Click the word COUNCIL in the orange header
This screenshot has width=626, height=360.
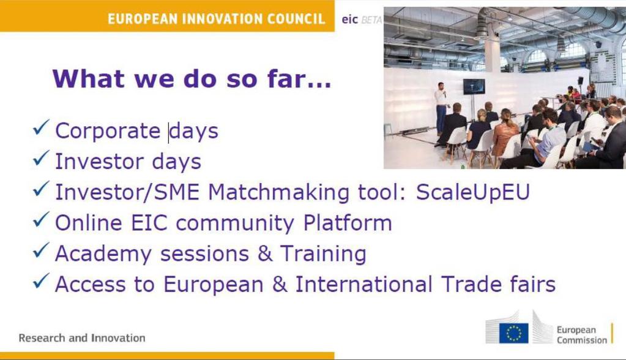pyautogui.click(x=296, y=19)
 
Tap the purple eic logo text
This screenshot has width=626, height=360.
pyautogui.click(x=350, y=20)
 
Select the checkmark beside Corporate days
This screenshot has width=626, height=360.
pyautogui.click(x=41, y=127)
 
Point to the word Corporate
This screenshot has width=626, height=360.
pyautogui.click(x=108, y=131)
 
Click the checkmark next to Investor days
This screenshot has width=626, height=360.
pyautogui.click(x=41, y=158)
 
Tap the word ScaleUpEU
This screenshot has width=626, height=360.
pyautogui.click(x=473, y=192)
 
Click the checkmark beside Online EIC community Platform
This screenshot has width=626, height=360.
pyautogui.click(x=41, y=220)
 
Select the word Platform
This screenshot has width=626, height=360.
pyautogui.click(x=348, y=223)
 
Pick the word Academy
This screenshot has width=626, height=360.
pyautogui.click(x=103, y=254)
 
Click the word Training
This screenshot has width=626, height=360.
pyautogui.click(x=323, y=254)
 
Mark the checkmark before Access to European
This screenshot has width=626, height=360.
pyautogui.click(x=41, y=281)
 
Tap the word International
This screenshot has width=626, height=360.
pyautogui.click(x=363, y=284)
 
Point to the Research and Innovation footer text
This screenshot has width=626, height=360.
pyautogui.click(x=82, y=338)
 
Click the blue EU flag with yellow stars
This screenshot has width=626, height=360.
pyautogui.click(x=513, y=333)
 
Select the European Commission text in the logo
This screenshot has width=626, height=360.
pyautogui.click(x=582, y=335)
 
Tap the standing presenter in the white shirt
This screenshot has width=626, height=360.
pyautogui.click(x=441, y=108)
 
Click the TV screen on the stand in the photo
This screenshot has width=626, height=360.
pyautogui.click(x=474, y=86)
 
